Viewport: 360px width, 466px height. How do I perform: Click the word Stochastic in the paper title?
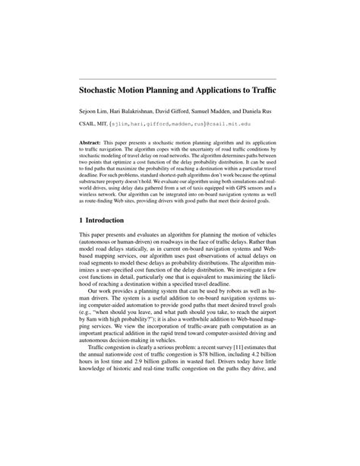pyautogui.click(x=103, y=89)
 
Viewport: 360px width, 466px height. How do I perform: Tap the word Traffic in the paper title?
pyautogui.click(x=261, y=89)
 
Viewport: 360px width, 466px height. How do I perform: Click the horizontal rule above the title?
pyautogui.click(x=179, y=78)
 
